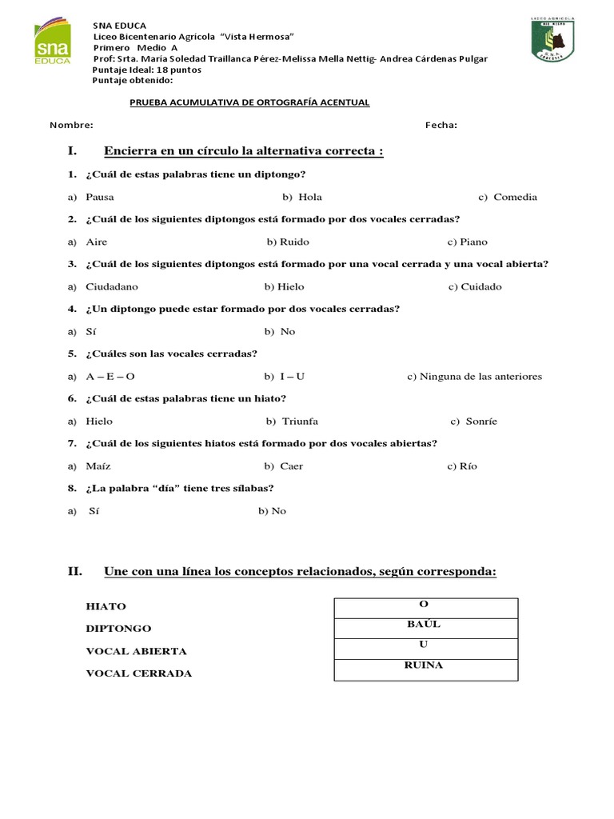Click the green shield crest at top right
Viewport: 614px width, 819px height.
(554, 39)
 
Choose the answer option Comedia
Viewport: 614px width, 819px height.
(515, 197)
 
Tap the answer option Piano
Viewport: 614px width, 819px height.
(473, 242)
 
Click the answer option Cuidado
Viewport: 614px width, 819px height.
(480, 286)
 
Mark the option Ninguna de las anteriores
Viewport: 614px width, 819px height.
(480, 376)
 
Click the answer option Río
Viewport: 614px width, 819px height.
(468, 465)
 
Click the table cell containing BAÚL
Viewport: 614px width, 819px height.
(425, 629)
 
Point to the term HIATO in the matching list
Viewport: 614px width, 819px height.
(106, 606)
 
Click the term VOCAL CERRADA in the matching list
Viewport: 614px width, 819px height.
(138, 673)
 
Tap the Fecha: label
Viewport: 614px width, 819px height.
(441, 125)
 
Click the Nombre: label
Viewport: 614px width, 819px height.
(71, 125)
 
